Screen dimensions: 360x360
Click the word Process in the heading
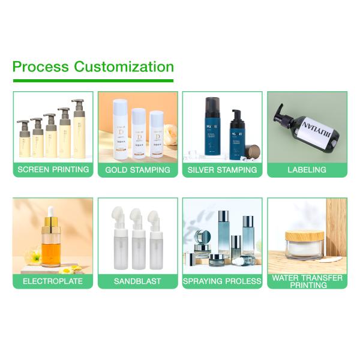point(40,67)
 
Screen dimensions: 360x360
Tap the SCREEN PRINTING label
point(53,170)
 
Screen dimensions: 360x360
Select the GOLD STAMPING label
point(137,170)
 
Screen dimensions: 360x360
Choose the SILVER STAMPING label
point(222,170)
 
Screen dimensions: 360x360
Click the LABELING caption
point(307,170)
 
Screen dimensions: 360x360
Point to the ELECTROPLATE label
point(53,281)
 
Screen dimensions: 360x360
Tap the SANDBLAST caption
point(137,281)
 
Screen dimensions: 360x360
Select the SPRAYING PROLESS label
point(222,281)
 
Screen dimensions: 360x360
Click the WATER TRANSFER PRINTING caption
point(307,281)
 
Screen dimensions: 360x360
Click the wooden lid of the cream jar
point(304,236)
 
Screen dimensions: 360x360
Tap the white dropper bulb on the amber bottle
point(50,212)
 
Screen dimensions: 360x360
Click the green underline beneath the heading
point(92,80)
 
